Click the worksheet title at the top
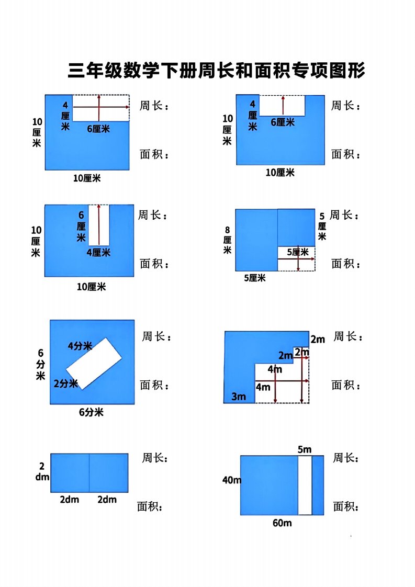[216, 71]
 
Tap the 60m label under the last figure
[282, 523]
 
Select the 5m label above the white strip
[305, 449]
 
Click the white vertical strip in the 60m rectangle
[305, 485]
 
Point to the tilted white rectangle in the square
[94, 363]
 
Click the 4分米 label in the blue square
[80, 346]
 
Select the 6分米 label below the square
[91, 412]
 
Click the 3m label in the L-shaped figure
[239, 397]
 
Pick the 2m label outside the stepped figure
[318, 340]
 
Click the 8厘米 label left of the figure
[227, 240]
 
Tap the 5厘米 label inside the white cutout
[297, 252]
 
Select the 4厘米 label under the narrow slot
[98, 253]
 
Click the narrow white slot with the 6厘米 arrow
[99, 224]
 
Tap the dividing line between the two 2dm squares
[89, 473]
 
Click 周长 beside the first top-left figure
[154, 106]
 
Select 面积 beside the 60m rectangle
[346, 507]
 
